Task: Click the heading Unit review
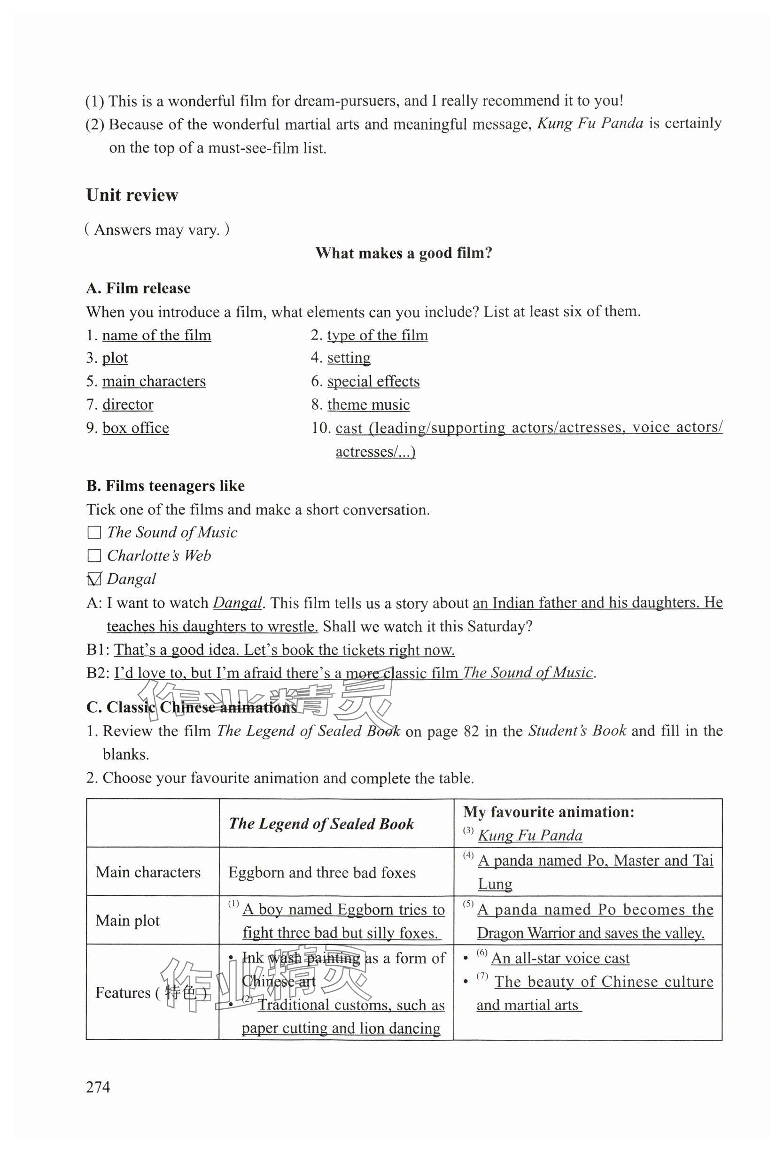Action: [132, 195]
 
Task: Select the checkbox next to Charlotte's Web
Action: [94, 556]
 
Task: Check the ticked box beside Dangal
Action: [94, 579]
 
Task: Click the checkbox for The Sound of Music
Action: [94, 532]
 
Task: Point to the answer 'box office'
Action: [135, 428]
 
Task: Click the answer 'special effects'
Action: [373, 381]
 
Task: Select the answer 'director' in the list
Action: [127, 405]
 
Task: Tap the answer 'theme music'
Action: [368, 405]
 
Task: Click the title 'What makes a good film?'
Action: [404, 253]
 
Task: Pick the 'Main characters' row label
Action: [148, 872]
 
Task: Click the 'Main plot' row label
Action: [127, 921]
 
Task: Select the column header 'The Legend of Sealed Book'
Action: [321, 824]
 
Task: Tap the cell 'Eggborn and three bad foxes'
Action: [322, 872]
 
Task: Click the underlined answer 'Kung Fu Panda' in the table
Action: [529, 835]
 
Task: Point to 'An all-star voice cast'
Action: [560, 958]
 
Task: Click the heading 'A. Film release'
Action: [139, 289]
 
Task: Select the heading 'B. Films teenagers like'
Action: [165, 486]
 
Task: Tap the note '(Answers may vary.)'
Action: [157, 230]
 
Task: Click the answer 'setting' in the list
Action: [349, 358]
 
